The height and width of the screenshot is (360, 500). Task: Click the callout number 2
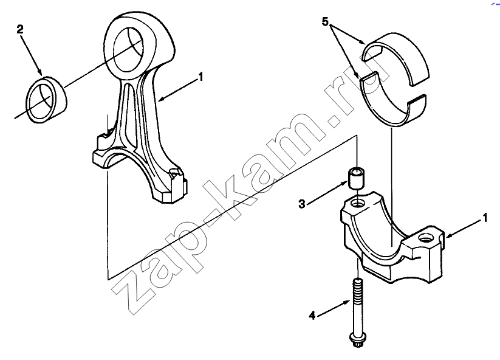(x=20, y=30)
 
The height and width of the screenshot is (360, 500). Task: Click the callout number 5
(x=325, y=22)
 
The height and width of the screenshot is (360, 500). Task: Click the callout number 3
(x=302, y=204)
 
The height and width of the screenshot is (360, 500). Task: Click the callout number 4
(x=312, y=316)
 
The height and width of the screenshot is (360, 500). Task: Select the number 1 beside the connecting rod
(x=200, y=77)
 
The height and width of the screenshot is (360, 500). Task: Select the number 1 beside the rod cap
(x=485, y=218)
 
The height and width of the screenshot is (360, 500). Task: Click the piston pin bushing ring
(x=46, y=100)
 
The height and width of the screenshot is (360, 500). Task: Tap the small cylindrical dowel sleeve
(x=357, y=178)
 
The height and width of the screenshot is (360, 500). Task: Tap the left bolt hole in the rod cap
(x=357, y=202)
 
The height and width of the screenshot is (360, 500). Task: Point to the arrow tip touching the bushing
(x=42, y=74)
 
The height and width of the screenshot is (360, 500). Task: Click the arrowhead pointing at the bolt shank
(x=349, y=302)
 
